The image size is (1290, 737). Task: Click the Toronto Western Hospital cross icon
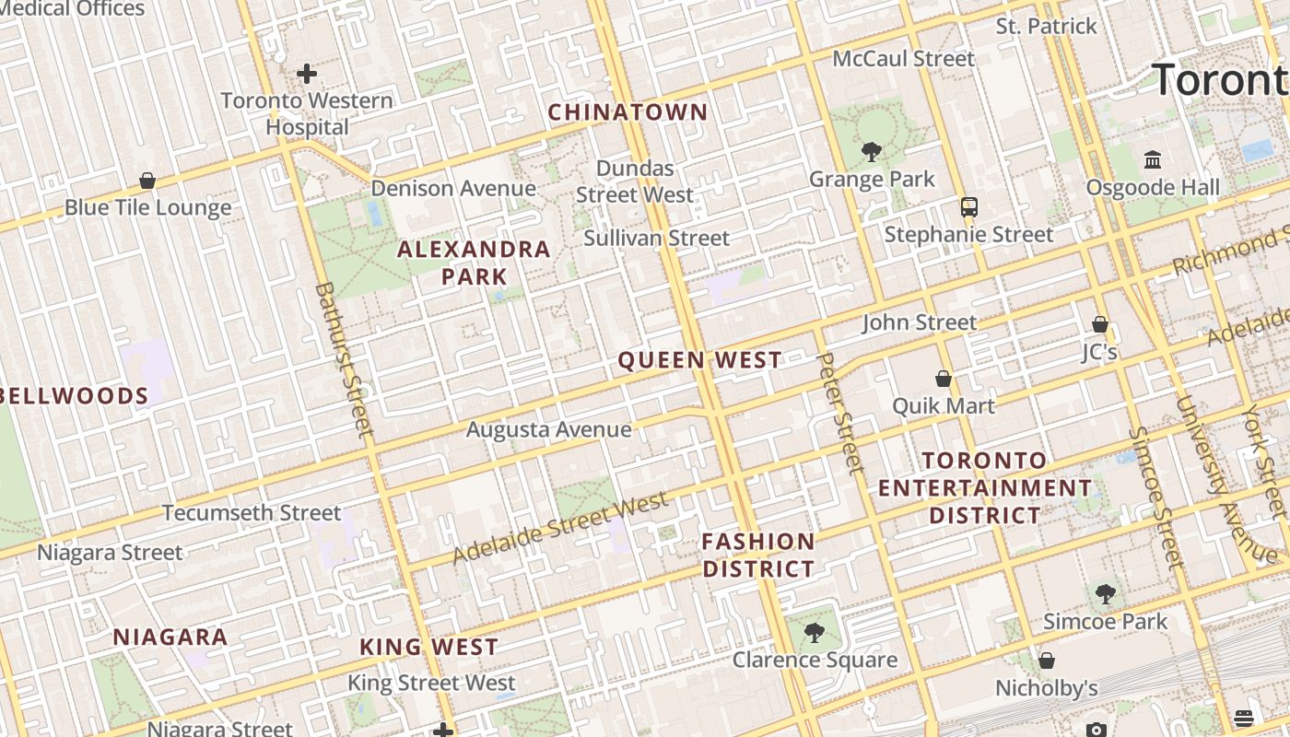[x=307, y=74]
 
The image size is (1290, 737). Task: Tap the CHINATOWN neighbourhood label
[x=628, y=112]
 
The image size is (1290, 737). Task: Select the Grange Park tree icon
[x=871, y=152]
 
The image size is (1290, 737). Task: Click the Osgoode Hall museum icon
[x=1153, y=160]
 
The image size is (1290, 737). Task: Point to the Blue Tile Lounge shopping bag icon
[x=147, y=181]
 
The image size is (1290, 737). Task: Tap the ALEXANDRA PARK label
[x=474, y=263]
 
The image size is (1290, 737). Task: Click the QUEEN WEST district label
[x=699, y=360]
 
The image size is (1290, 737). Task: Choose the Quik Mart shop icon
[x=944, y=379]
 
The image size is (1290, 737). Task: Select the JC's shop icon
[x=1099, y=324]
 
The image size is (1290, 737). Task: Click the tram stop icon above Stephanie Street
[x=968, y=207]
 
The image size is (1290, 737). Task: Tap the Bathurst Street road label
[x=343, y=359]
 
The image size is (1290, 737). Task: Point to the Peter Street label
[x=839, y=412]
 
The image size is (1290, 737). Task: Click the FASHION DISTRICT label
[x=758, y=556]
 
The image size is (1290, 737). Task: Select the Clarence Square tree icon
[x=814, y=632]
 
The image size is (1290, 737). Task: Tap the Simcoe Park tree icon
[x=1105, y=594]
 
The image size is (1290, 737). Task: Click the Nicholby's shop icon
[x=1046, y=661]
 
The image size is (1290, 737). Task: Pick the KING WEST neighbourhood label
[x=429, y=647]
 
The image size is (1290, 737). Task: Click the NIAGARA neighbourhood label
[x=170, y=637]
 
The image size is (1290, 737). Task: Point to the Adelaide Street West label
[x=560, y=529]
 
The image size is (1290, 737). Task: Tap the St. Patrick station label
[x=1046, y=26]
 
